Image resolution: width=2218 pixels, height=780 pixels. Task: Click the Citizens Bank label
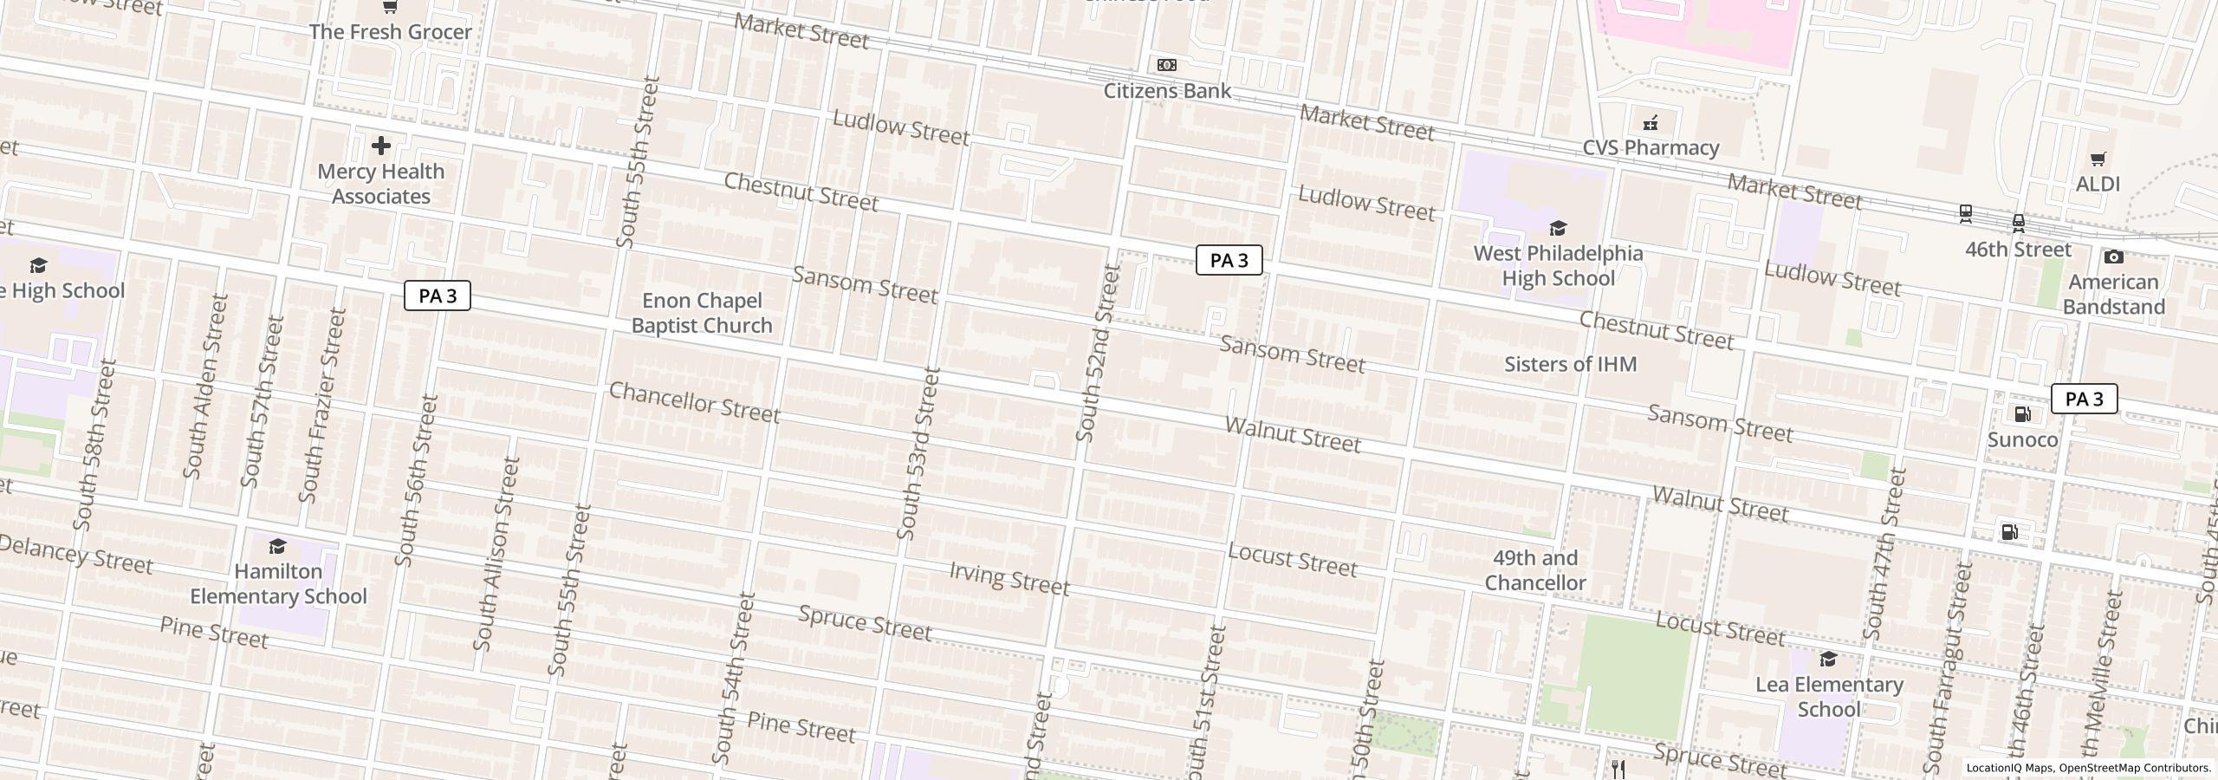coord(1166,91)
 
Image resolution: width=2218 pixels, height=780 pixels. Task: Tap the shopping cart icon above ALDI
coord(2098,159)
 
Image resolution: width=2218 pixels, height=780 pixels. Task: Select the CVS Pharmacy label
coord(1651,148)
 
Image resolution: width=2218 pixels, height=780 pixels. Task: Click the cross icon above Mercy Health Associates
coord(380,146)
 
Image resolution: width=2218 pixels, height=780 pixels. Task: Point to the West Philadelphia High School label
coord(1558,266)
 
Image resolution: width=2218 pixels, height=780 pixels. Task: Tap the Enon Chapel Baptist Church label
coord(701,313)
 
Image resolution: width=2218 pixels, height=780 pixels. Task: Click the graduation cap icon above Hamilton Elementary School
coord(277,546)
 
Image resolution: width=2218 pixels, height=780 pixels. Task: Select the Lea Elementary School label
coord(1829,697)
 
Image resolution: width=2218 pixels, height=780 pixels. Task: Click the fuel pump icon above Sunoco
coord(2022,414)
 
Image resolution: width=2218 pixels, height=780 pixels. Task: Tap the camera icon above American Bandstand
coord(2113,257)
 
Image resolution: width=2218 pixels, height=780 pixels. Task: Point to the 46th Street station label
coord(2018,250)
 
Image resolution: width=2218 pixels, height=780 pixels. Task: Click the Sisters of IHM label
coord(1570,364)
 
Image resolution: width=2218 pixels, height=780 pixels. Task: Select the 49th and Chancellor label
coord(1535,570)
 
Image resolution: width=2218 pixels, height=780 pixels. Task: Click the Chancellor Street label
coord(694,403)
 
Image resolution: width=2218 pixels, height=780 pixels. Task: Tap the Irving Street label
coord(1009,578)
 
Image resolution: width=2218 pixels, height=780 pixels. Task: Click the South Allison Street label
coord(496,555)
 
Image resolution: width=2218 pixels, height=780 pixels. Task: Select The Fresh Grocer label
coord(390,32)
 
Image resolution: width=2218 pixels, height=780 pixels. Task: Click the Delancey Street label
coord(76,555)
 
